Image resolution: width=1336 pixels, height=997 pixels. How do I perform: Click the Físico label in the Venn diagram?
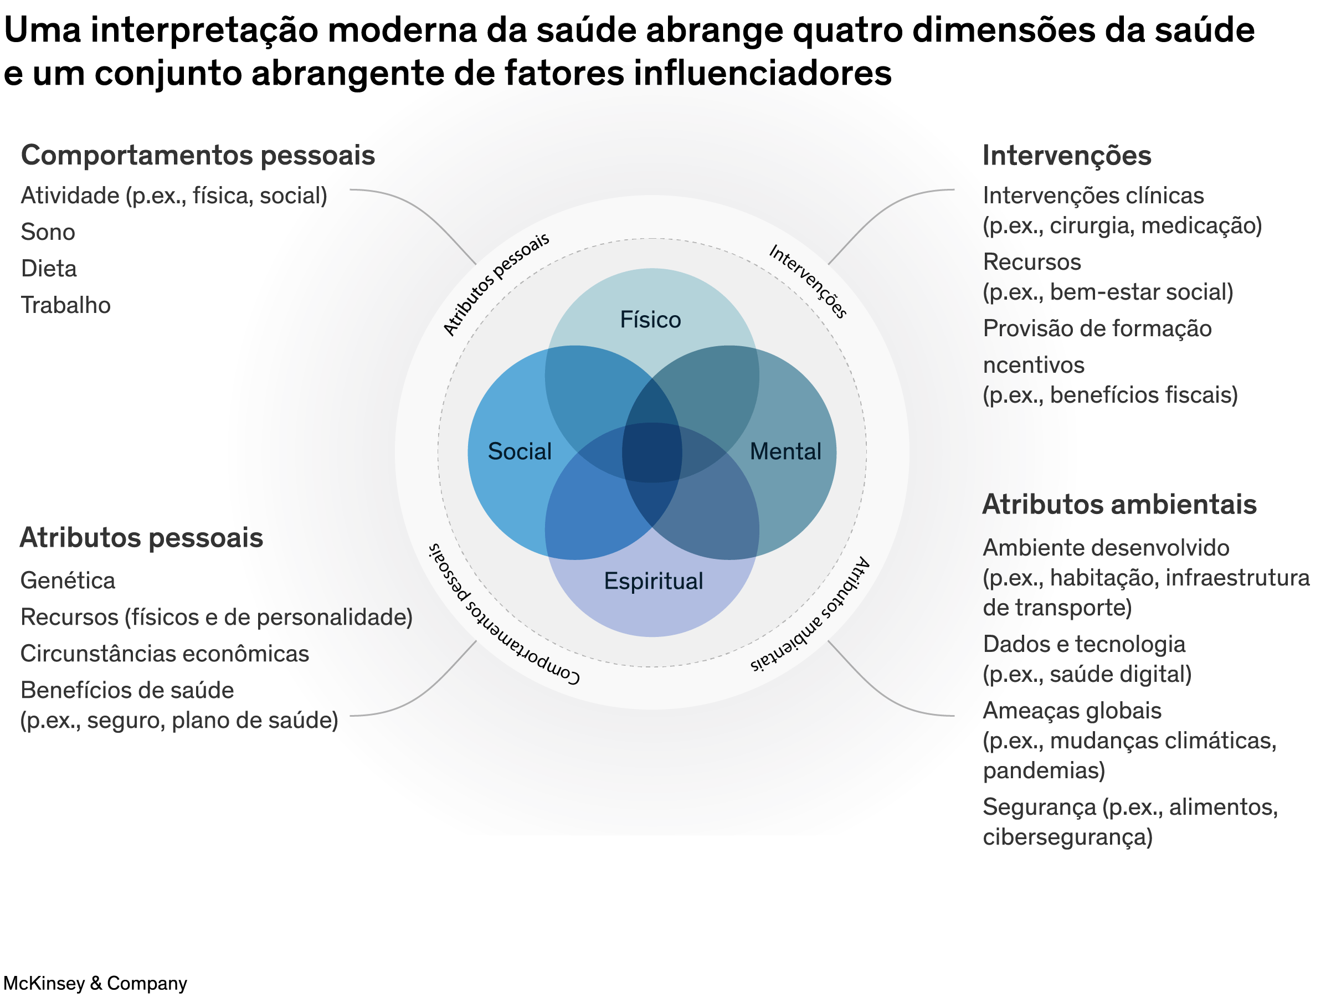[650, 320]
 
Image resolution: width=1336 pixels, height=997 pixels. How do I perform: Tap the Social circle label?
[520, 451]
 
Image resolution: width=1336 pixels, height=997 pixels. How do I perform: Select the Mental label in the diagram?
[785, 451]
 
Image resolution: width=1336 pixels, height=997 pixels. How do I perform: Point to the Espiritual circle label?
[654, 581]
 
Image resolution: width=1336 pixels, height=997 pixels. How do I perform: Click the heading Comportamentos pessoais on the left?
[198, 156]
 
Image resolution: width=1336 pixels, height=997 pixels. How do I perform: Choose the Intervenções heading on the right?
[1067, 156]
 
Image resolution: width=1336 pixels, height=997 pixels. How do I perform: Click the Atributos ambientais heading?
[1119, 505]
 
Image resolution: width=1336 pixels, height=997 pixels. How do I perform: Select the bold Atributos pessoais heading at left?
[142, 538]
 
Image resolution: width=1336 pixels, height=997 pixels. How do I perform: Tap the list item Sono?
[48, 232]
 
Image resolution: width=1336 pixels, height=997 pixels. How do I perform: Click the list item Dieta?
[49, 269]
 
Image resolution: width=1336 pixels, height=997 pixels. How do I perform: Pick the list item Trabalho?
[66, 305]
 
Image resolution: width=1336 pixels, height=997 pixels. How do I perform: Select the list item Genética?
[68, 580]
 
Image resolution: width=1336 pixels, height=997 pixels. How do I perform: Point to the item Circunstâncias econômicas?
[165, 654]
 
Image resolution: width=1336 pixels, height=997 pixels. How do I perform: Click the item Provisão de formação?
[1097, 329]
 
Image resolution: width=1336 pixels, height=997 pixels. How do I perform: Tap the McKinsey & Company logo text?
[95, 983]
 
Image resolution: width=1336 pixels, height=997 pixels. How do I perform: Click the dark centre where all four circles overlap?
[652, 453]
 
